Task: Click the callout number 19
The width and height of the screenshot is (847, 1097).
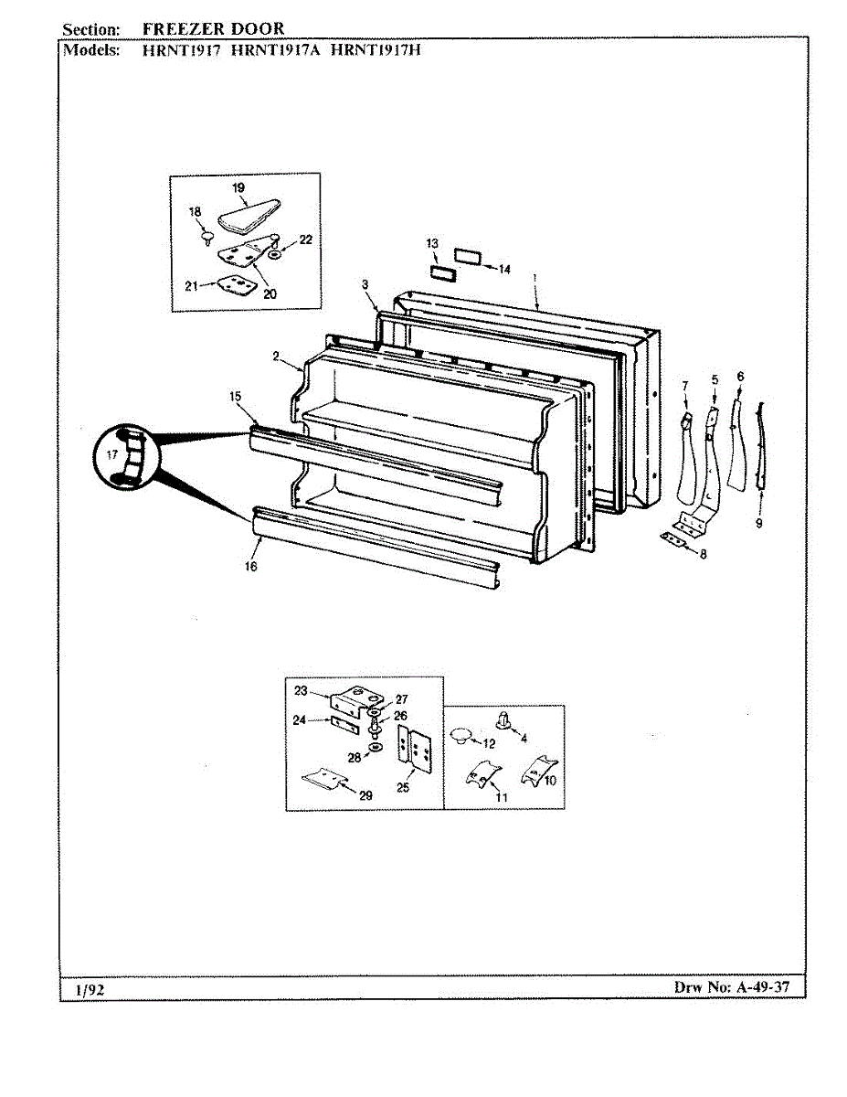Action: [x=238, y=187]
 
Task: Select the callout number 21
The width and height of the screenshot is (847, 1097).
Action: [x=192, y=286]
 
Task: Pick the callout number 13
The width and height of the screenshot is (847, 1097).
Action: [x=432, y=243]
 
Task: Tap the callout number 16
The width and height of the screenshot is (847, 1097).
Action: [x=251, y=567]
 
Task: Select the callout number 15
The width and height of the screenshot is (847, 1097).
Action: [x=235, y=397]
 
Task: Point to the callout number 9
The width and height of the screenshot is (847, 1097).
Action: [x=758, y=523]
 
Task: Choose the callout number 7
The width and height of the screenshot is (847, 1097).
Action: [x=685, y=388]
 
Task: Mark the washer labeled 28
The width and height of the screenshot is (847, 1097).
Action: [x=376, y=748]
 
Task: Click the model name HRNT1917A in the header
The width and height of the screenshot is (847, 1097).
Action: [x=276, y=49]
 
